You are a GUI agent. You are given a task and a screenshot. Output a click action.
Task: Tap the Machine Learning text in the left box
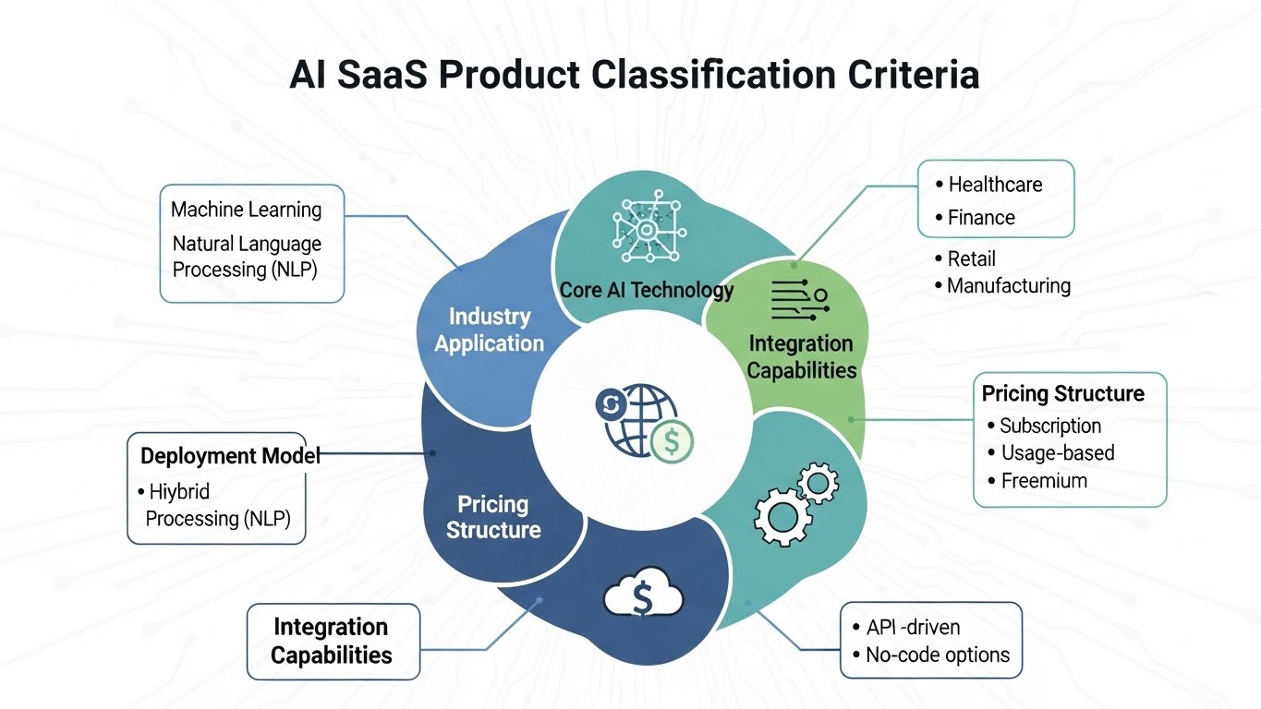click(x=246, y=210)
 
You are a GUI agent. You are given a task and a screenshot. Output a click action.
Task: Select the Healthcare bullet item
click(x=995, y=185)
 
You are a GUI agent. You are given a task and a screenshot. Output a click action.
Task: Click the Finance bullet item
click(x=981, y=218)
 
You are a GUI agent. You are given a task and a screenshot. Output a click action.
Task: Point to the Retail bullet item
click(x=971, y=258)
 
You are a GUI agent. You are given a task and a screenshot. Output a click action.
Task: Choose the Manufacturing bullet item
click(x=1008, y=285)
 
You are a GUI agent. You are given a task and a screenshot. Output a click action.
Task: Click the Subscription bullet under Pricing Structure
click(x=1050, y=427)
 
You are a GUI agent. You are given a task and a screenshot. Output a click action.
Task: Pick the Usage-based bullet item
click(x=1057, y=453)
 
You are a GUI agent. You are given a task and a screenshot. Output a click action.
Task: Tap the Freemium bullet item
click(x=1044, y=481)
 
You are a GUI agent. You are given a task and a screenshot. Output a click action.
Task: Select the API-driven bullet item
click(x=913, y=628)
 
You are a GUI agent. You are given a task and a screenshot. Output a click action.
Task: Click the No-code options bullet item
click(x=937, y=655)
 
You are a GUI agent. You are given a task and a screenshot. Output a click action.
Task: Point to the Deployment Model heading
click(x=230, y=456)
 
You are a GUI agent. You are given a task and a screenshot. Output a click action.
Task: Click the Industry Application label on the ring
click(x=489, y=330)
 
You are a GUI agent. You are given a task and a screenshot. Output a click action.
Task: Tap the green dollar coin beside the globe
click(x=672, y=442)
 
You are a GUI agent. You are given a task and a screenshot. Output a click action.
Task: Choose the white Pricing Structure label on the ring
click(x=493, y=517)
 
